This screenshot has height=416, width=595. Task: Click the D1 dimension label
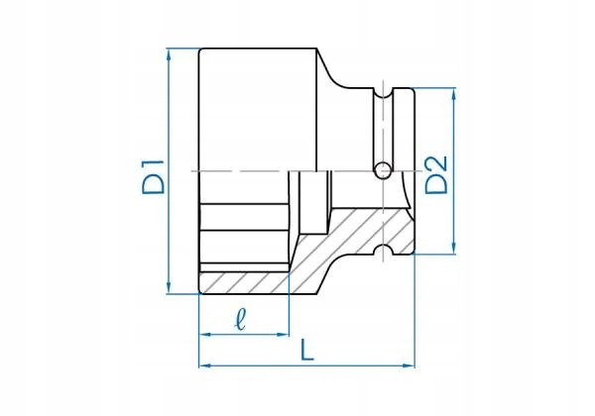tap(152, 171)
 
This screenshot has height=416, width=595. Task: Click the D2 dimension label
tap(437, 171)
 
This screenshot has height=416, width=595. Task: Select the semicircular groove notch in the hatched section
tap(380, 248)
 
